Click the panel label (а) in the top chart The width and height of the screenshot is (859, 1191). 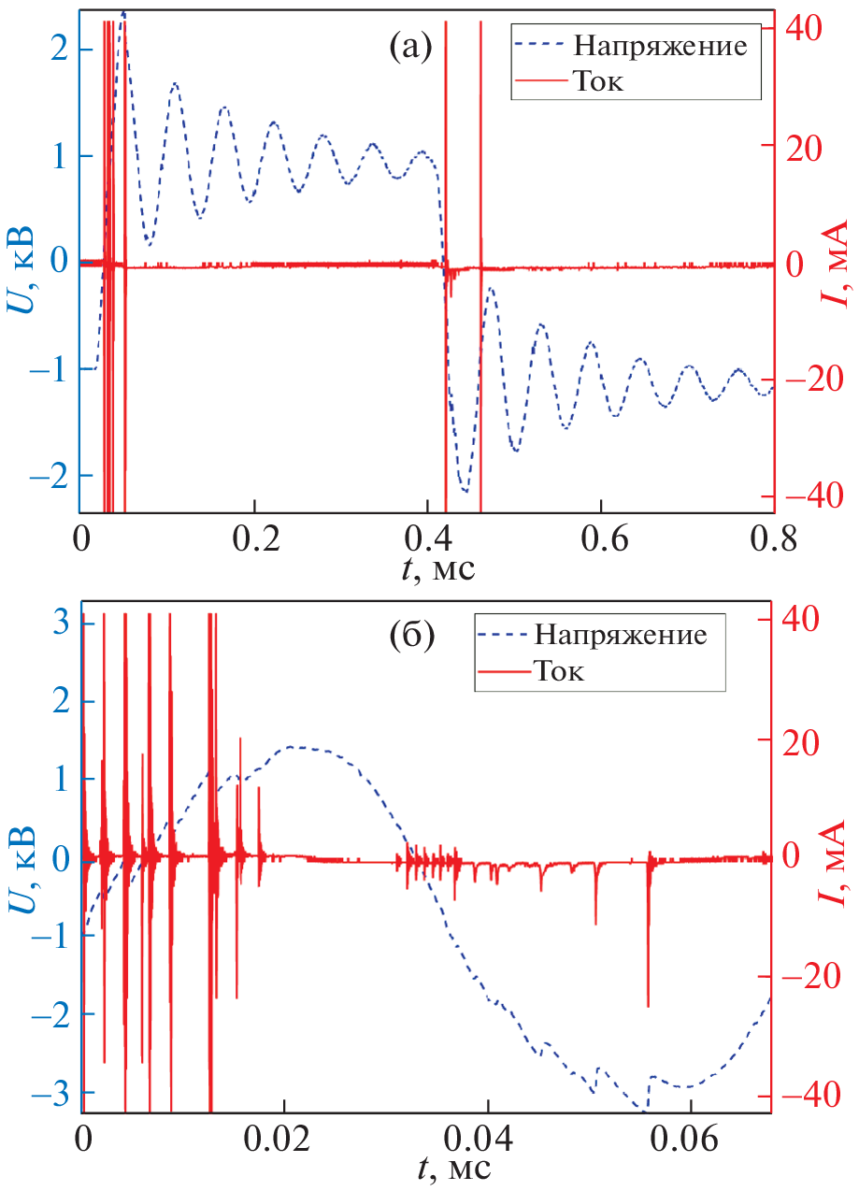pyautogui.click(x=409, y=45)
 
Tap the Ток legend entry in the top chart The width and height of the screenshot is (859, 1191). pyautogui.click(x=598, y=82)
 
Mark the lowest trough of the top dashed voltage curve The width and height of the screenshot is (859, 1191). pyautogui.click(x=464, y=490)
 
